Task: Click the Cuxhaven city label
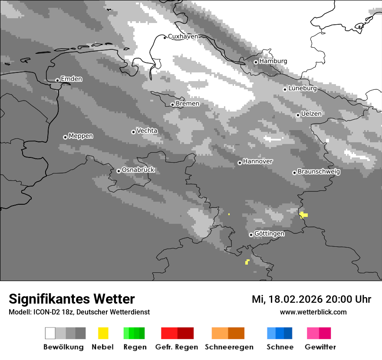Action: pos(183,36)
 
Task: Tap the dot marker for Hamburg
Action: pos(256,62)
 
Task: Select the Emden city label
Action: pos(71,79)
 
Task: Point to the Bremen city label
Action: pos(188,104)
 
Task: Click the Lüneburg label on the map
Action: pos(303,88)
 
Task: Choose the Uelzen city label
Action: pos(311,114)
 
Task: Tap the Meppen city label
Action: pos(81,136)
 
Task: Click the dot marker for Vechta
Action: pos(133,132)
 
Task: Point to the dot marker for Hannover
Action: pos(240,163)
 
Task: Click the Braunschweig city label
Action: pos(319,172)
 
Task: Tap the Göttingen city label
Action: pos(269,234)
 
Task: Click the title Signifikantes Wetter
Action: pos(72,299)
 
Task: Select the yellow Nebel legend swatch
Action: pos(103,333)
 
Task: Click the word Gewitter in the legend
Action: pos(320,347)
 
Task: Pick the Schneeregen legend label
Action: pos(229,347)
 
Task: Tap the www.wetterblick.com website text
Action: pos(313,312)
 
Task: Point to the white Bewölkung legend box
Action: pos(50,333)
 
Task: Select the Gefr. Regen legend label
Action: pos(176,347)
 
